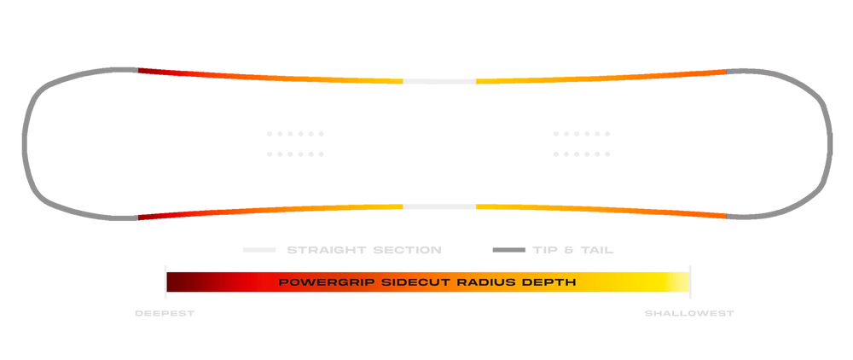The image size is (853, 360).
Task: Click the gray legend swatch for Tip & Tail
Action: click(x=508, y=251)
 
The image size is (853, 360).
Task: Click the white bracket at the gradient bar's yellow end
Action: click(x=690, y=282)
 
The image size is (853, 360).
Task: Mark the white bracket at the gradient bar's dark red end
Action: click(x=164, y=282)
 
